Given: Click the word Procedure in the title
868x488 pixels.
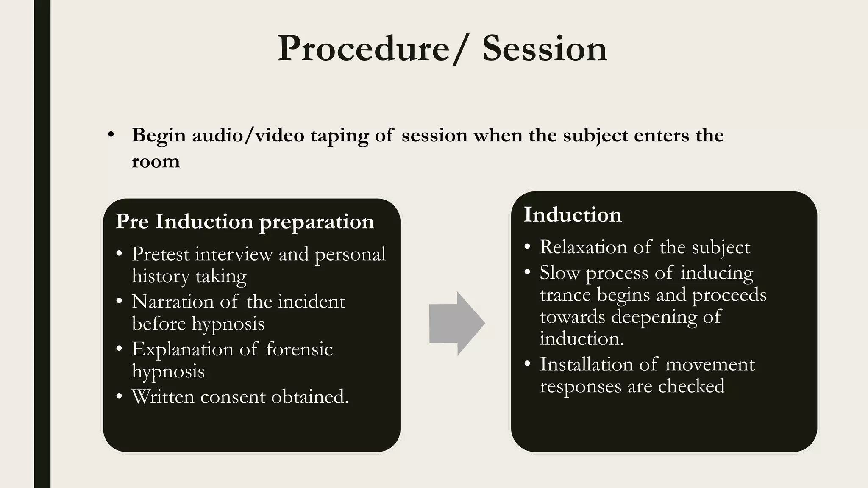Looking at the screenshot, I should tap(363, 49).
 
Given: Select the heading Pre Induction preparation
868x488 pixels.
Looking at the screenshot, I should tap(245, 222).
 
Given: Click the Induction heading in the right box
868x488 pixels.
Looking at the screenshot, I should tap(573, 214).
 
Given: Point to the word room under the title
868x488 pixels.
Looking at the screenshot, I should tap(156, 162).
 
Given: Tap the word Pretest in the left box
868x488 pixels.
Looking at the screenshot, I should tap(161, 254).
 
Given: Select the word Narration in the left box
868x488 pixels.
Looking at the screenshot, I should tap(172, 302).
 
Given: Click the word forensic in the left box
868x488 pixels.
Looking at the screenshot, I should tap(299, 349).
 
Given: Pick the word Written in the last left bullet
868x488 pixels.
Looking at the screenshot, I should tap(163, 397).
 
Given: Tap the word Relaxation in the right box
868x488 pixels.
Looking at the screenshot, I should tap(583, 247).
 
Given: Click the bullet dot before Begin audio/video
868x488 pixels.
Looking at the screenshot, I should tap(111, 135).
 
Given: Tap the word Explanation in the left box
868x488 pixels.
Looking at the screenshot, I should tap(182, 349).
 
